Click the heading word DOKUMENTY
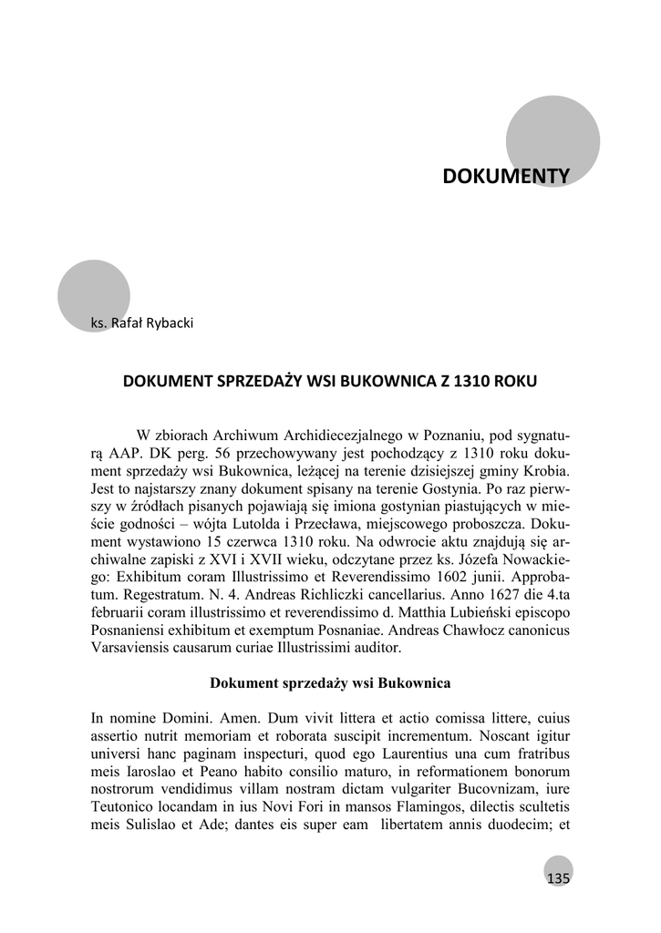(506, 176)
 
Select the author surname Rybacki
(167, 323)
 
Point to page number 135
(557, 878)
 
